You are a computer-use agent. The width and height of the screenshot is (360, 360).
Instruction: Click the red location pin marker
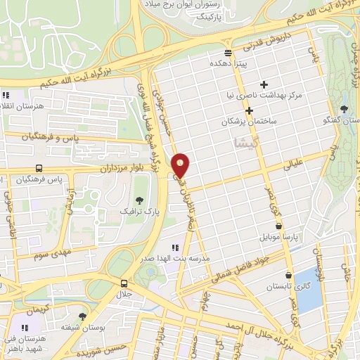coord(181,165)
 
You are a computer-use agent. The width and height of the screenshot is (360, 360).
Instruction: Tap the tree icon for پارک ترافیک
coord(141,199)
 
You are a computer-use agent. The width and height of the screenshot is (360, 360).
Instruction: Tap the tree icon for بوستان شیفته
coord(82,316)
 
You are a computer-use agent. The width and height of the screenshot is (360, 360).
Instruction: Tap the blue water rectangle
coord(307,289)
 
